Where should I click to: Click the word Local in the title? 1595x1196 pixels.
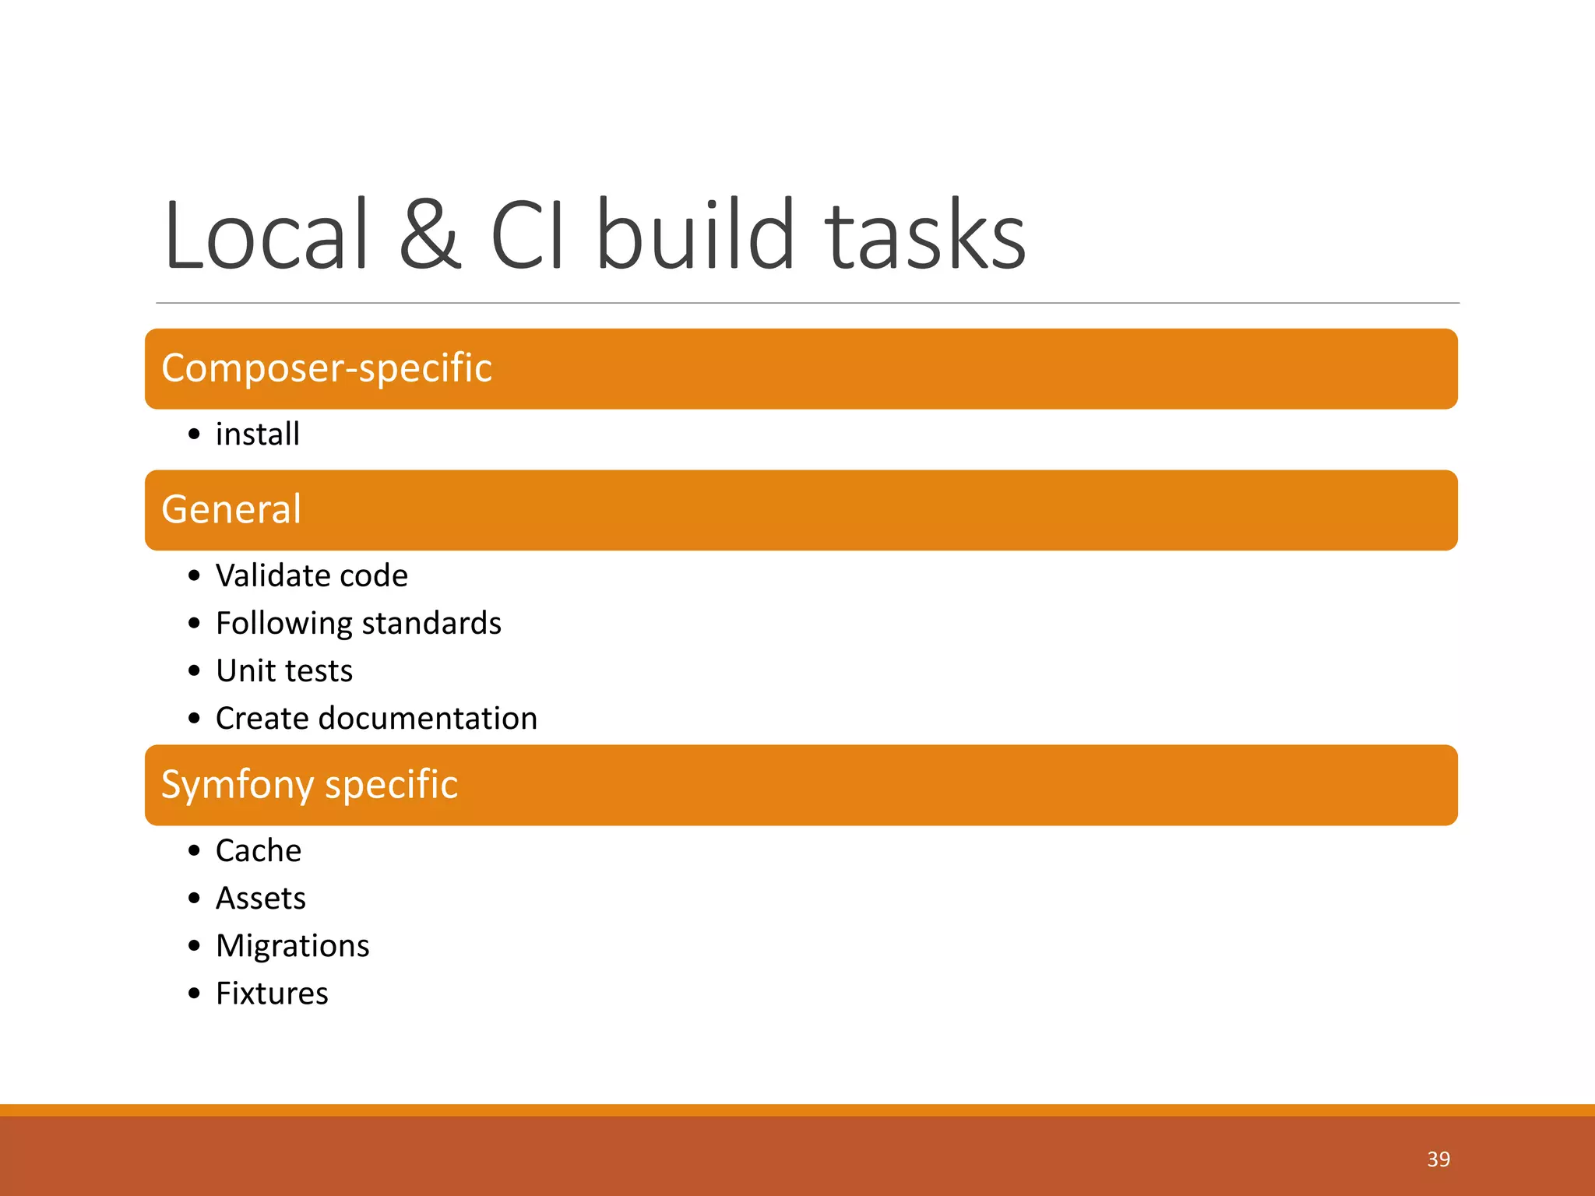(x=265, y=235)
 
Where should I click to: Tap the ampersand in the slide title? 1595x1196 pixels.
(x=430, y=235)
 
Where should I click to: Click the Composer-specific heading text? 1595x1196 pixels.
(x=326, y=368)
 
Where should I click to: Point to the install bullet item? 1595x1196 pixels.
(x=257, y=434)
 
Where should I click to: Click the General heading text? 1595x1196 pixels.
(x=231, y=510)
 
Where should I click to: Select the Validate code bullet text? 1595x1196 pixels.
(x=312, y=576)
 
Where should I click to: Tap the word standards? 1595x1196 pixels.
(x=431, y=624)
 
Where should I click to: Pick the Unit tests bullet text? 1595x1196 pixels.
(x=284, y=671)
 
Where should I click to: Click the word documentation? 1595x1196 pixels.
(x=428, y=719)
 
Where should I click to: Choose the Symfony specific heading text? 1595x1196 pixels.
(x=309, y=785)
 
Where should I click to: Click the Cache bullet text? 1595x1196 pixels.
(x=258, y=851)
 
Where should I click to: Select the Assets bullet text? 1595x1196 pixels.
(x=260, y=899)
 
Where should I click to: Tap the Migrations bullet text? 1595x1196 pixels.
(x=292, y=946)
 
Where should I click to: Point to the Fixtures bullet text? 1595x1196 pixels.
(x=272, y=994)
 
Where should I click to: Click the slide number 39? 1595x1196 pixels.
(x=1438, y=1159)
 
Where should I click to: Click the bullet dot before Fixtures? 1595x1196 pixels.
(x=194, y=994)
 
